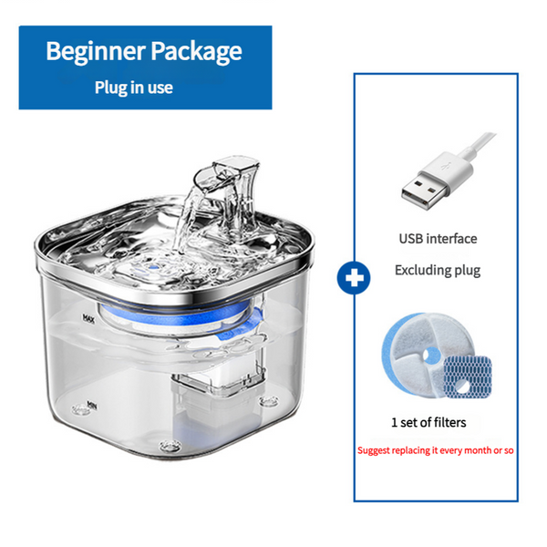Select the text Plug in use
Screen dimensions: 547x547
click(133, 88)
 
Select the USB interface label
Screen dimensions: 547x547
click(437, 239)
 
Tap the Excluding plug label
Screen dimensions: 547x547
click(437, 270)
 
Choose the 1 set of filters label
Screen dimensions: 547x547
click(428, 421)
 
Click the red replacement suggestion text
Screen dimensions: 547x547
click(436, 450)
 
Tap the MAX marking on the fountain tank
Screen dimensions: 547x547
click(89, 319)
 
